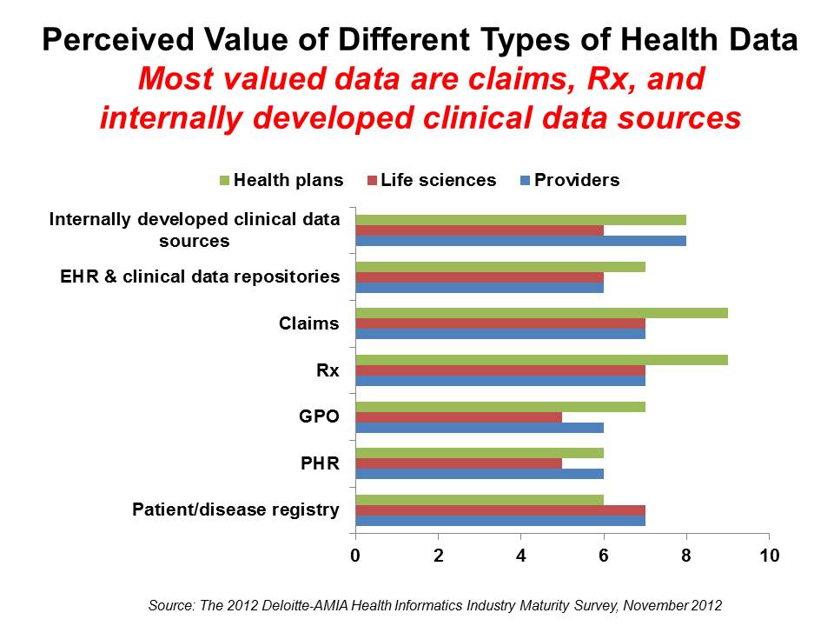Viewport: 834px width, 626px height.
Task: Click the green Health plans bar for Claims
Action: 541,313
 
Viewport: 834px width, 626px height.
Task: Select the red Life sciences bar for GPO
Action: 459,416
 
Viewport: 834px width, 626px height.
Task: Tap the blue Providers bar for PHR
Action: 480,474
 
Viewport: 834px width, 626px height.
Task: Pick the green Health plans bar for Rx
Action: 541,360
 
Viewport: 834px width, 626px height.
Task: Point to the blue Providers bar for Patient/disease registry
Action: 500,521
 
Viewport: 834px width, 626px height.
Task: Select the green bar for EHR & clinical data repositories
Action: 500,266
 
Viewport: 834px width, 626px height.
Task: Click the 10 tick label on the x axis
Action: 769,554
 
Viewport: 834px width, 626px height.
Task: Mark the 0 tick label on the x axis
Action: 355,554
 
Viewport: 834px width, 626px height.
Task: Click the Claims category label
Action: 308,324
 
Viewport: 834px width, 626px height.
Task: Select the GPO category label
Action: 319,417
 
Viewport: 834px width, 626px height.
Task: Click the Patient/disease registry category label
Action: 235,510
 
